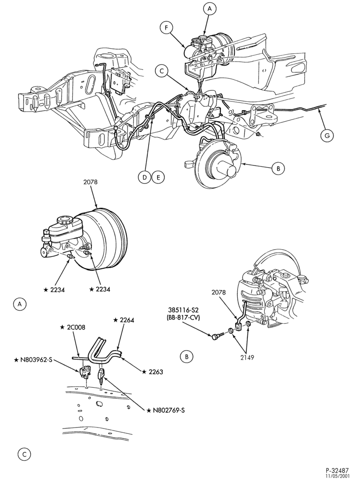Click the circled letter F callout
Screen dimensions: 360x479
[x=166, y=27]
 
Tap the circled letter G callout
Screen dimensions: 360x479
[x=327, y=135]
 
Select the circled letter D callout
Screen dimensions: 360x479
[x=144, y=177]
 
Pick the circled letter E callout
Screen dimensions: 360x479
[x=158, y=177]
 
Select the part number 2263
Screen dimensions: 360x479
[x=153, y=372]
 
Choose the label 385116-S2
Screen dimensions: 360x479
[x=183, y=311]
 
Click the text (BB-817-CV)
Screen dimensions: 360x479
[x=183, y=318]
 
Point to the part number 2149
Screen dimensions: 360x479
[x=247, y=357]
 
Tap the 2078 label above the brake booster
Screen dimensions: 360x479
[x=90, y=182]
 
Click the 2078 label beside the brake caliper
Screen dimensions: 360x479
[x=219, y=292]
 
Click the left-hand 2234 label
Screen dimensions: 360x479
[x=54, y=290]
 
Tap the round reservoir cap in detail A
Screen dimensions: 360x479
[x=64, y=221]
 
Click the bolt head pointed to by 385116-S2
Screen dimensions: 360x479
[x=214, y=336]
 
